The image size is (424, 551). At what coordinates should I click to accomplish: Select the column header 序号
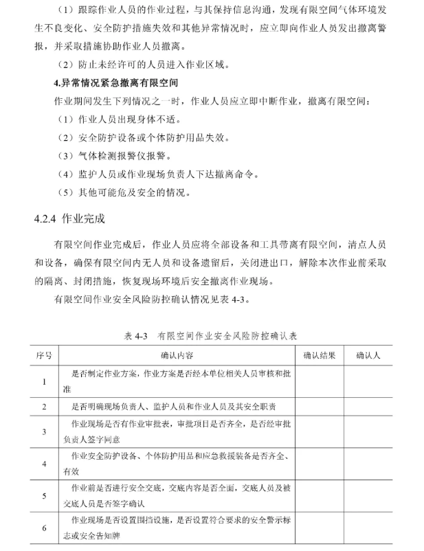pyautogui.click(x=44, y=355)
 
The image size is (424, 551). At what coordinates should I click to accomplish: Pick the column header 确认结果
pyautogui.click(x=319, y=355)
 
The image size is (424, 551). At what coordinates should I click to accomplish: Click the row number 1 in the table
pyautogui.click(x=44, y=381)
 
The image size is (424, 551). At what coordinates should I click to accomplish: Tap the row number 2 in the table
pyautogui.click(x=44, y=407)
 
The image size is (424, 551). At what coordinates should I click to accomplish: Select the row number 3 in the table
pyautogui.click(x=44, y=432)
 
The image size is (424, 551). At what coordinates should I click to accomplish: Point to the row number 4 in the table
pyautogui.click(x=44, y=464)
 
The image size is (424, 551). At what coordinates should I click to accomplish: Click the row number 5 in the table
pyautogui.click(x=44, y=495)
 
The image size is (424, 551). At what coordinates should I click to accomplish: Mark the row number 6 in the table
pyautogui.click(x=44, y=528)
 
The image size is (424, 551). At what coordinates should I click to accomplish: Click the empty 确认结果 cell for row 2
pyautogui.click(x=319, y=407)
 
